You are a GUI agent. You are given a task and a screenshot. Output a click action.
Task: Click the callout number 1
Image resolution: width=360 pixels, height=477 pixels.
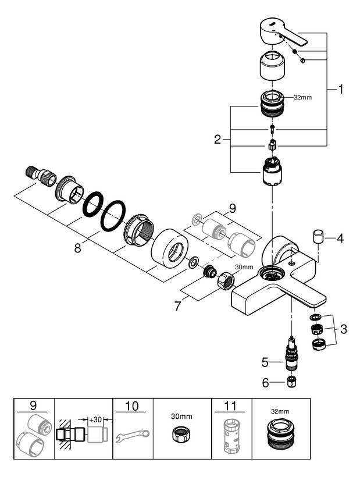pyautogui.click(x=340, y=90)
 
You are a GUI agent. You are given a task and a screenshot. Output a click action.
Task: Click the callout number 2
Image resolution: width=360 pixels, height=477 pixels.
pyautogui.click(x=218, y=140)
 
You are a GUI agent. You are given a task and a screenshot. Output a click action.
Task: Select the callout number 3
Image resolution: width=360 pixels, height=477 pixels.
pyautogui.click(x=344, y=329)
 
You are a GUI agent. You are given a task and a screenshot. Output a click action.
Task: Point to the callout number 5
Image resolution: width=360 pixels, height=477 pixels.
pyautogui.click(x=265, y=362)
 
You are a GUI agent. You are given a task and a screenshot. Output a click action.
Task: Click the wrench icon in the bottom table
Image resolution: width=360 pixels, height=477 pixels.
pyautogui.click(x=133, y=434)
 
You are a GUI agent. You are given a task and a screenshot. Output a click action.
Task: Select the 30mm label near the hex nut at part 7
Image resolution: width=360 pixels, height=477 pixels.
pyautogui.click(x=244, y=267)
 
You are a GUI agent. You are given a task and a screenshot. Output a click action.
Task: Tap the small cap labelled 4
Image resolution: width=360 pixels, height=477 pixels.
pyautogui.click(x=318, y=237)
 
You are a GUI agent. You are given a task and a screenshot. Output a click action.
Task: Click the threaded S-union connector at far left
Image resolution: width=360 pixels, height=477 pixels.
pyautogui.click(x=40, y=174)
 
